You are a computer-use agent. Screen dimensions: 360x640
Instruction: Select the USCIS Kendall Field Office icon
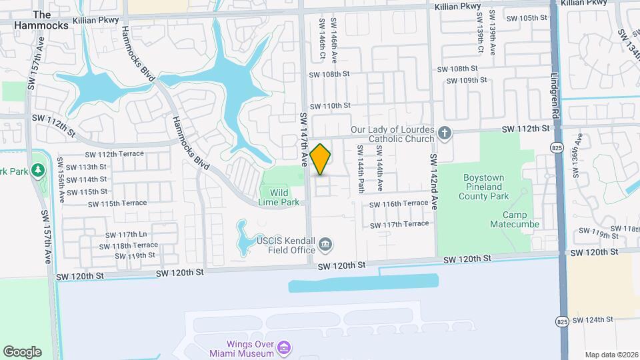[325, 245]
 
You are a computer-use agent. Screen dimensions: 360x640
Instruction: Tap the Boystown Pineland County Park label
[493, 187]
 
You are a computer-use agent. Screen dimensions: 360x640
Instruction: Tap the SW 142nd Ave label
[433, 182]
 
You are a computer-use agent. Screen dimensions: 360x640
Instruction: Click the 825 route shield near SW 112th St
[555, 147]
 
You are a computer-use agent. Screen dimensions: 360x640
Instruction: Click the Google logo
[22, 351]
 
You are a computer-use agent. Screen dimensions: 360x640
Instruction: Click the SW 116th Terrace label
[398, 203]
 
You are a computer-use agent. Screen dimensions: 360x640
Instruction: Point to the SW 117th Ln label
[132, 235]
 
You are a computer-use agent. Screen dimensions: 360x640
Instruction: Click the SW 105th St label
[527, 18]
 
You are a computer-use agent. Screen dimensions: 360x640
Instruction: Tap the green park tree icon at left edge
[38, 170]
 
